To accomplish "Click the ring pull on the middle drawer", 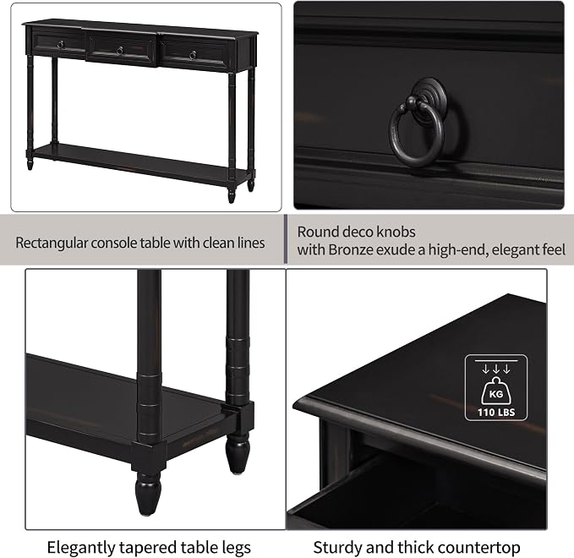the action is [119, 51].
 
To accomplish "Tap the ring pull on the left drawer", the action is [61, 45].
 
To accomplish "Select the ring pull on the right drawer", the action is [193, 55].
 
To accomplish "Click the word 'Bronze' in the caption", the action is [351, 249].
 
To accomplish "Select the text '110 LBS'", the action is [496, 413].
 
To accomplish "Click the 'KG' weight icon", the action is [496, 391].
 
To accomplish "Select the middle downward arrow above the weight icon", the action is [496, 369].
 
